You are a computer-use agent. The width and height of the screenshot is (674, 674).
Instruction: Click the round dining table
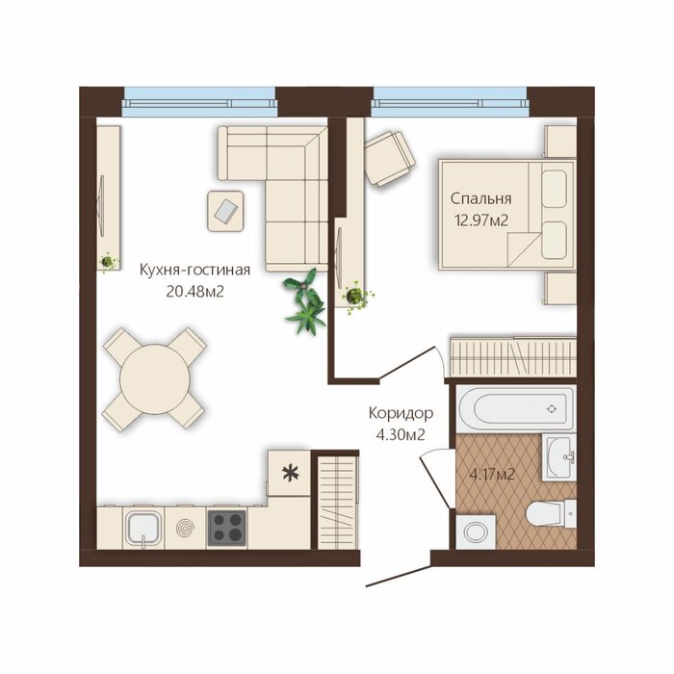coord(155,379)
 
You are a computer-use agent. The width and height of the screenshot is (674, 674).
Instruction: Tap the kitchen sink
coord(143,528)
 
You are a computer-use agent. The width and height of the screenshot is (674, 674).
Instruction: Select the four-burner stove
coord(226,529)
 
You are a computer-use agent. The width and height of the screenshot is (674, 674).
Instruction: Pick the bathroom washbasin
coord(558,457)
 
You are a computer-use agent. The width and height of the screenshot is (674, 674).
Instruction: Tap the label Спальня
coord(481,199)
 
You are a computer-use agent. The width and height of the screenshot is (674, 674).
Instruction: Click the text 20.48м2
coord(194,293)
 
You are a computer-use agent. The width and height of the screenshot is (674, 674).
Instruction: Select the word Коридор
coord(402,413)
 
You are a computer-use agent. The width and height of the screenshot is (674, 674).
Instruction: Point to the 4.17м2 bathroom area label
coord(492,475)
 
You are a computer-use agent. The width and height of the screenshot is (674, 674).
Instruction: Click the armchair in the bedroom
coord(389,158)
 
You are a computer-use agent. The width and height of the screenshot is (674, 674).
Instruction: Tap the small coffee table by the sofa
coord(225,211)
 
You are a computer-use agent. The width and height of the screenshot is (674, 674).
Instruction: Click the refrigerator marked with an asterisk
coord(289,474)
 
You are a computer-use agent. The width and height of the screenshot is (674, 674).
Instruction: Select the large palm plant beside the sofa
coord(305,301)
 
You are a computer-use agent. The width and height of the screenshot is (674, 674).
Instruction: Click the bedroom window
coord(450,102)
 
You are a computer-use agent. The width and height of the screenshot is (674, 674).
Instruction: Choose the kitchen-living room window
coord(199,102)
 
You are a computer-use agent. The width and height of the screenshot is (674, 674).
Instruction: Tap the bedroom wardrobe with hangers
coord(513,355)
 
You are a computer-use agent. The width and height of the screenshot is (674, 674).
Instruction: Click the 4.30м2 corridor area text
coord(401,435)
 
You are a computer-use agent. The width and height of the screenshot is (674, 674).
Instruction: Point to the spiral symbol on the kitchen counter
coord(186,528)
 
